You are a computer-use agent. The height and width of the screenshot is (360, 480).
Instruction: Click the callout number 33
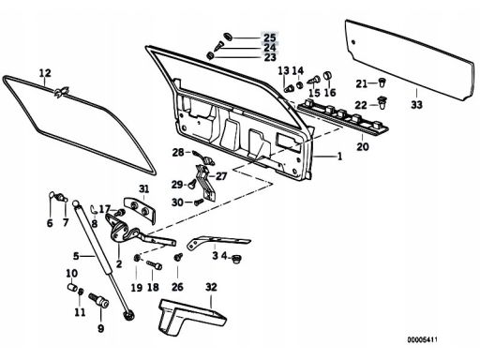pos(416,104)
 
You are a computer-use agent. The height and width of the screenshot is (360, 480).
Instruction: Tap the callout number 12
pos(45,73)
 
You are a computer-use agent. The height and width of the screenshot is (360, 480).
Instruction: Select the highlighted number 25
pos(270,37)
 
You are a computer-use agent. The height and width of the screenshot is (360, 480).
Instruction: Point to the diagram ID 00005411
pos(422,339)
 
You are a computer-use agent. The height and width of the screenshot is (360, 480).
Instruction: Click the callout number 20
pos(363,146)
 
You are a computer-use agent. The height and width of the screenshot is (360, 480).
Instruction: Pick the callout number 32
pos(211,287)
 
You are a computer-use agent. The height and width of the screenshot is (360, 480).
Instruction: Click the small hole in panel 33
pos(353,42)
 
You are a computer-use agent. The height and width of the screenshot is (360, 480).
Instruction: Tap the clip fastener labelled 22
pos(382,103)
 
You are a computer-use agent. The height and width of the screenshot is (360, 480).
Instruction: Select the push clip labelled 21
pos(382,82)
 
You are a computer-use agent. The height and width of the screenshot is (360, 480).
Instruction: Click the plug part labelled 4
pos(236,259)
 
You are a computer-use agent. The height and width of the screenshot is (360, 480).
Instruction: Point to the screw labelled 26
pos(178,257)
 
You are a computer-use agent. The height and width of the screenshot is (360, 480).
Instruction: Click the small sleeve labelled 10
pos(72,287)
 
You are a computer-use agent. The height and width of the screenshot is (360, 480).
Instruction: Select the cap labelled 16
pos(327,75)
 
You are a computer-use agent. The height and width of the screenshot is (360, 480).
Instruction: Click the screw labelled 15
pos(314,80)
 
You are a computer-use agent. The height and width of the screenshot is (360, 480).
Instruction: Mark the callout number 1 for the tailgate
pos(339,156)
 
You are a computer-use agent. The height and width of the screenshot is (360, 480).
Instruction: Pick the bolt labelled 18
pos(155,265)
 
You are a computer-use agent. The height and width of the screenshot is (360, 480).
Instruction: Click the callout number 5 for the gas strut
pos(76,256)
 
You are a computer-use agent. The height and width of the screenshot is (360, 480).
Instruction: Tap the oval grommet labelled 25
pos(228,37)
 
